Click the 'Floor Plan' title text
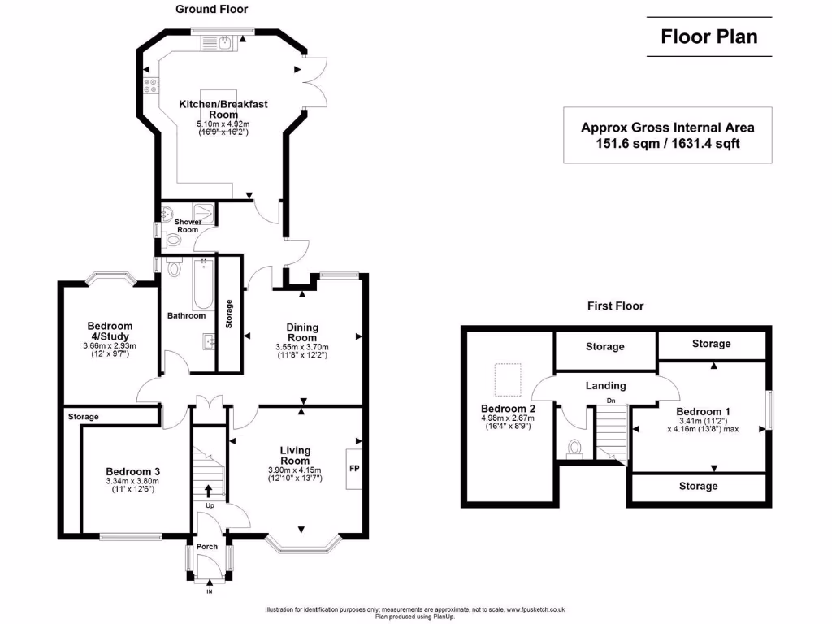point(708,37)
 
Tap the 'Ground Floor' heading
point(212,9)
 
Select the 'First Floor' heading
point(616,305)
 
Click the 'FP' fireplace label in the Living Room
point(354,469)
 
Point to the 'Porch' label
point(207,547)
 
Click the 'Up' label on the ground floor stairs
point(210,505)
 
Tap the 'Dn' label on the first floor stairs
point(611,401)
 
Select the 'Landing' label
point(605,386)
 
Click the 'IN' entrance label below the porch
point(210,591)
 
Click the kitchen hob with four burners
point(151,86)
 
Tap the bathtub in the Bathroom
point(203,284)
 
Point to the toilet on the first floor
point(574,448)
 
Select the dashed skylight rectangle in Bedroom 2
point(509,379)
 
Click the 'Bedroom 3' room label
point(132,471)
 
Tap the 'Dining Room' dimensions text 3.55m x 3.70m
point(302,347)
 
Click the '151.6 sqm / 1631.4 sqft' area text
point(668,143)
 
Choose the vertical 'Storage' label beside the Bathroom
point(229,314)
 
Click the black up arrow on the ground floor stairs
point(209,491)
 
